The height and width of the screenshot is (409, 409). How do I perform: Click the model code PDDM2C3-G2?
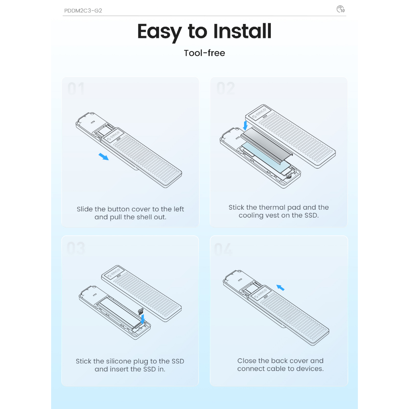tap(83, 11)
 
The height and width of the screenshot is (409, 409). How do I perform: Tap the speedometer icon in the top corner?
tap(340, 9)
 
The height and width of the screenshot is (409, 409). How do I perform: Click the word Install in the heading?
tap(242, 32)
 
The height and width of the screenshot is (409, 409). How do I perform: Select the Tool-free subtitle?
tap(204, 53)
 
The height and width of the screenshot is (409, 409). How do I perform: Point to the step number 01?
tap(76, 89)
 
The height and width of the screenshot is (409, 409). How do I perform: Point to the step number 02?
tap(226, 88)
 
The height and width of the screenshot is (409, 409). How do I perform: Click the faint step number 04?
tap(223, 249)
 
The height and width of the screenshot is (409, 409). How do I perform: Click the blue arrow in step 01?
tap(103, 157)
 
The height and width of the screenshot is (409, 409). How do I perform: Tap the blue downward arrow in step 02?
tap(245, 125)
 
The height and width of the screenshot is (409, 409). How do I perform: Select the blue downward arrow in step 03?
tap(143, 319)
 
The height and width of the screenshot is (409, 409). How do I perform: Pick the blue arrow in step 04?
tap(280, 288)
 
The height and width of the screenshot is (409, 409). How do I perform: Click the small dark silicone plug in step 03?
tap(141, 311)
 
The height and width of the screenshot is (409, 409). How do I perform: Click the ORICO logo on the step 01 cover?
tap(113, 135)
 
